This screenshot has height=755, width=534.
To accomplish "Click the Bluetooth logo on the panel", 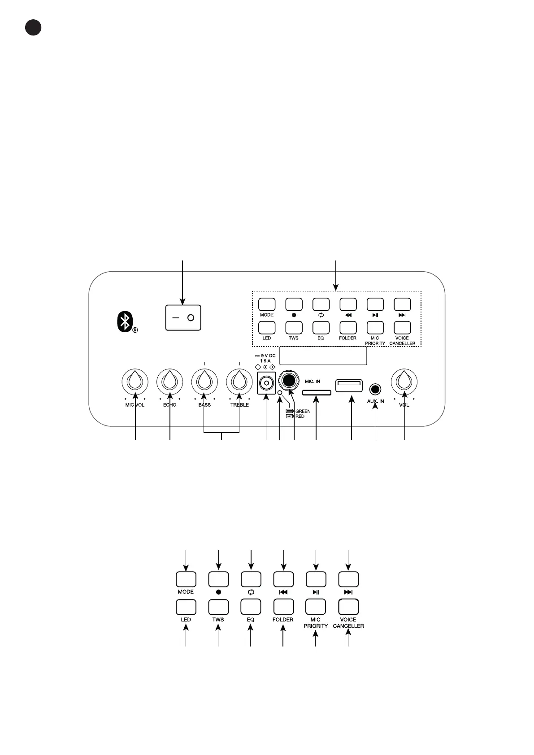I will coord(126,321).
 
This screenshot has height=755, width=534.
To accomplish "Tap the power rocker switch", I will coord(183,317).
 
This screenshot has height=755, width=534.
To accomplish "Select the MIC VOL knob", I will coord(135,382).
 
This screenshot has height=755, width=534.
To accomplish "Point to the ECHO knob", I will coord(169,382).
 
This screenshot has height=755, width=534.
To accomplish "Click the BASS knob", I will coord(204,382).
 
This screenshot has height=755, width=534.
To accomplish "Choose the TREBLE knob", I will coord(239,382).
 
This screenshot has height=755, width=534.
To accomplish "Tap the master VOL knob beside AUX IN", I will coord(404,382).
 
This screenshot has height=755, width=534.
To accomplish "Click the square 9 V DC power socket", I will coord(266,384).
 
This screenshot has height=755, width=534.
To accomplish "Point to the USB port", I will coord(349,385).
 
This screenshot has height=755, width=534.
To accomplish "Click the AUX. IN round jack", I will coord(376,389).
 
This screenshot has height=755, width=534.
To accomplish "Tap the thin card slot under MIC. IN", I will coord(317,393).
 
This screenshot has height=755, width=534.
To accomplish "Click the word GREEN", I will coord(303,411).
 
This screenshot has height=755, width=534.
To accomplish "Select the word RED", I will coord(300,417).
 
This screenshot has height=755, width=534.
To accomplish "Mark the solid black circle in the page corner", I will coord(33,27).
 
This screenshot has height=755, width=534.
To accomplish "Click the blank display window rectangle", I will coord(323,355).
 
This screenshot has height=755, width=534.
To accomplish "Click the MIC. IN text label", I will coord(313,382).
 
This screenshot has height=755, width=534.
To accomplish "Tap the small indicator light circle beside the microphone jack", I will coord(280,393).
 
